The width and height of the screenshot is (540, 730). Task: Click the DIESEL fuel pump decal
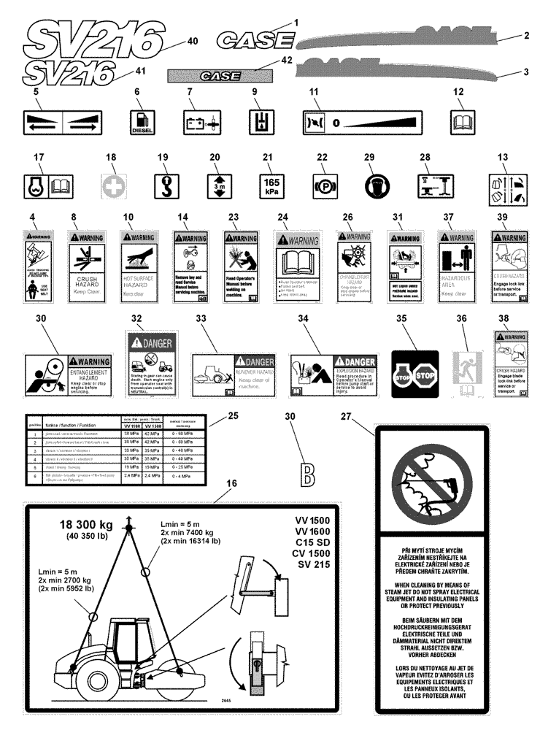point(142,120)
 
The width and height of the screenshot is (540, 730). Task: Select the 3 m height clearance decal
point(215,183)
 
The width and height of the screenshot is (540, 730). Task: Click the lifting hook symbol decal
point(163,183)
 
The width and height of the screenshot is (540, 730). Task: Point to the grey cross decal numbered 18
point(110,183)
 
